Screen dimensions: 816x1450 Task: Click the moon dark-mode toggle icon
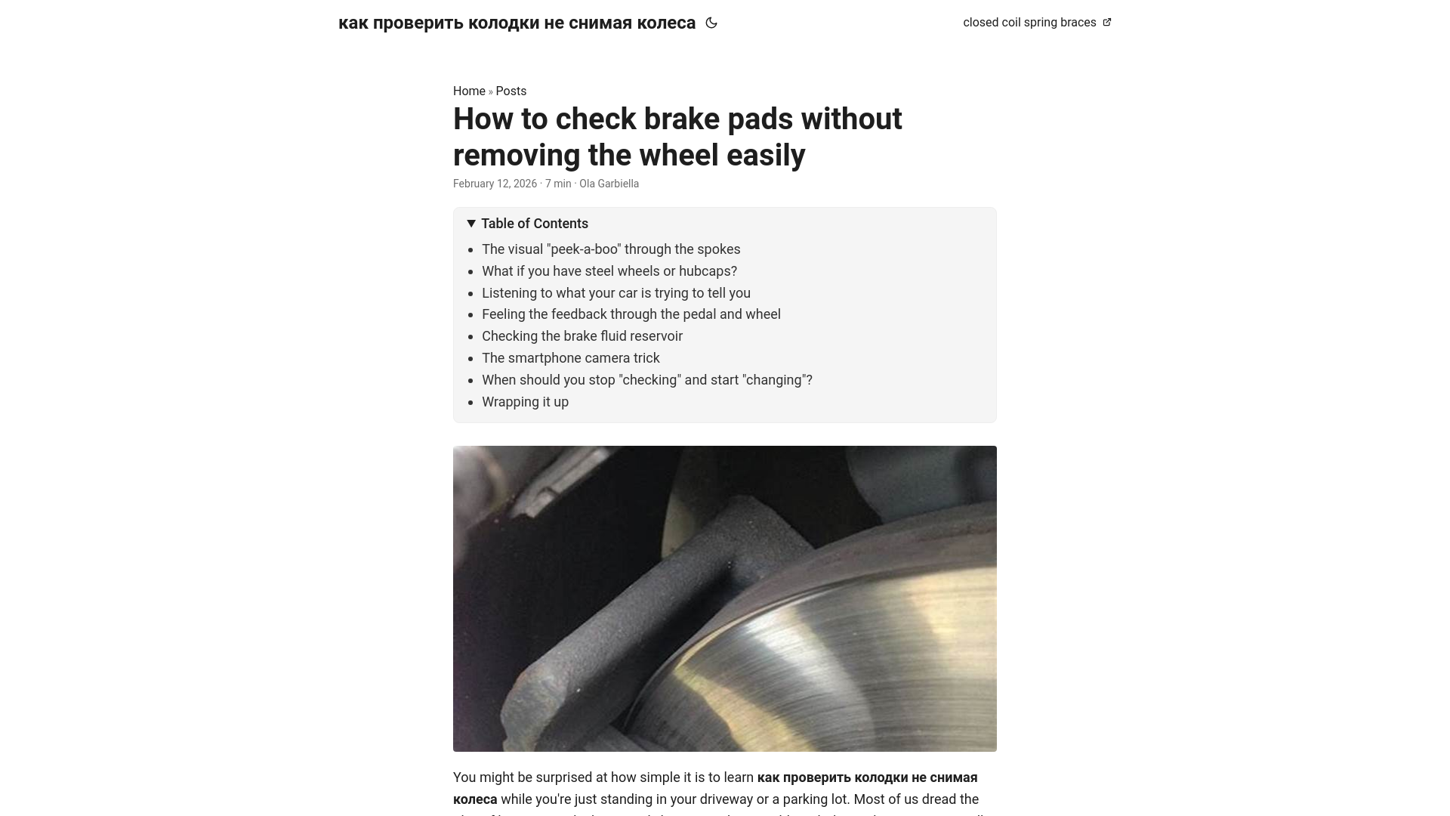coord(711,23)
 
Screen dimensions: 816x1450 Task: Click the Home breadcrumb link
coord(469,91)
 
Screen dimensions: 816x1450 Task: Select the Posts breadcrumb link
coord(511,91)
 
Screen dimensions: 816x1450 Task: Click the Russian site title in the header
coord(517,23)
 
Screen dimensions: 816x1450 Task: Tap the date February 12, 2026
coord(495,184)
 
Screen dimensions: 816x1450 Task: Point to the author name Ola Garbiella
coord(609,184)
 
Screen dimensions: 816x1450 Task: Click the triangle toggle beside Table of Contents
coord(471,224)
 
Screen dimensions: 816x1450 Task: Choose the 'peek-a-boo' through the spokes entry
coord(611,249)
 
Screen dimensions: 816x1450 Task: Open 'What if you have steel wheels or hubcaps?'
coord(609,271)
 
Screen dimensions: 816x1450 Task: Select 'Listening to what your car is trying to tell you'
coord(615,293)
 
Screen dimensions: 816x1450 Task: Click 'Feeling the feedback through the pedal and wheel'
coord(631,314)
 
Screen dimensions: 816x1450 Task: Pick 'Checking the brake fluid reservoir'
coord(582,336)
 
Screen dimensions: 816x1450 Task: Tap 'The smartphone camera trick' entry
coord(570,358)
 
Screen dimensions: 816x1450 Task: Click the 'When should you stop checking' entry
coord(646,380)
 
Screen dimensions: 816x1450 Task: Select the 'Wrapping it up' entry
coord(525,402)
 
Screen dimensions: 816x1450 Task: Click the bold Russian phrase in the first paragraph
coord(867,778)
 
